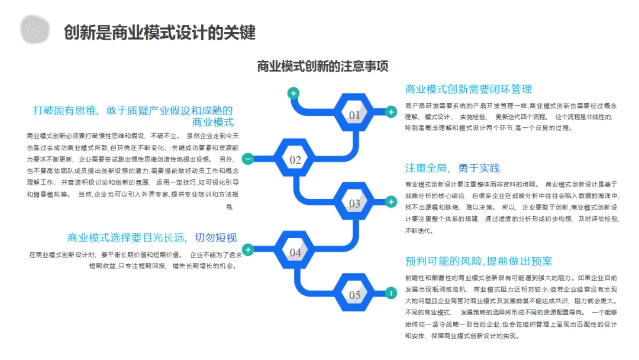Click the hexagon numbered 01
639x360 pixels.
point(354,114)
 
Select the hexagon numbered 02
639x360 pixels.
point(295,160)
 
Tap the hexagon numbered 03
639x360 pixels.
point(354,204)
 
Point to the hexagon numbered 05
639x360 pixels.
point(354,294)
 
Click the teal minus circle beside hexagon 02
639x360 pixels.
point(248,159)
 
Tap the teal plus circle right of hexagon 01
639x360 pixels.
point(390,111)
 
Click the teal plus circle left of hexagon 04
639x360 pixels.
point(248,250)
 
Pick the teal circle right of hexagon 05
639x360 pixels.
point(390,292)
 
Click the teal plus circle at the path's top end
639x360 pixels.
point(293,93)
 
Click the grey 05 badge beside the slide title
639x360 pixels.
point(34,31)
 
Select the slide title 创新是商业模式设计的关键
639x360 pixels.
point(160,33)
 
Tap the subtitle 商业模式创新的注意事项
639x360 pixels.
point(322,66)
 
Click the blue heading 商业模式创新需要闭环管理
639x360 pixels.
point(468,89)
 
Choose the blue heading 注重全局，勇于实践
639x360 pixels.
point(452,168)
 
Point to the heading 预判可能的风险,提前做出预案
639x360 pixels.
point(479,261)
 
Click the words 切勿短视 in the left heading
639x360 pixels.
point(216,238)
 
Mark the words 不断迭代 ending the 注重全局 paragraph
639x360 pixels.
point(419,231)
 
